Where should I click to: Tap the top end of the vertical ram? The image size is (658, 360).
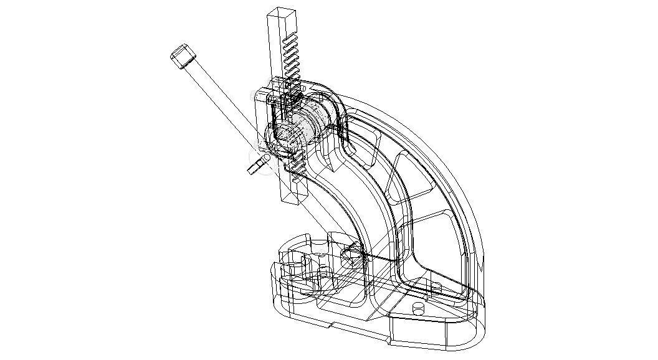pos(278,12)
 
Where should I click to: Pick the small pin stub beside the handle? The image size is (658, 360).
pos(254,167)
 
